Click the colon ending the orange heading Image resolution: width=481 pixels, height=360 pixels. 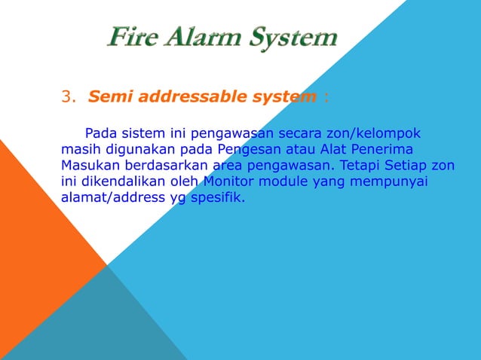pos(326,97)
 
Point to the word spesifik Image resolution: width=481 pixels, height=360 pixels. pos(219,198)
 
